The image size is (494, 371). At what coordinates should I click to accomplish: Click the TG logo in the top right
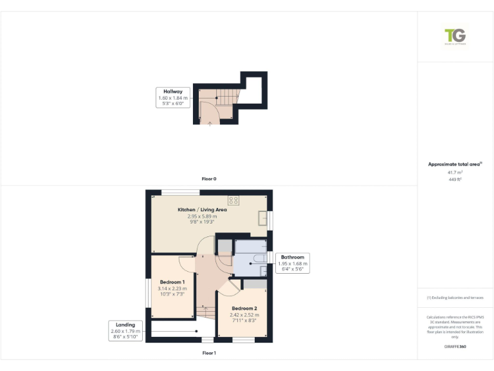point(455,35)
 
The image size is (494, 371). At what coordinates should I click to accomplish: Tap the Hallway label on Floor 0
point(172,91)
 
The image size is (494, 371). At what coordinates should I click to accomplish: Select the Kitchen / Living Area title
point(202,210)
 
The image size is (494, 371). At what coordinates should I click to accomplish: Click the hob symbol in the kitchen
point(233,200)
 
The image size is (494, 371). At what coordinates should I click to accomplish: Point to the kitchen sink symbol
point(262,218)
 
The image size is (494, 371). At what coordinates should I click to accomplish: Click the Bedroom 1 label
point(172,282)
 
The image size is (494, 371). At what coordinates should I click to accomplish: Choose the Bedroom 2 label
point(244,309)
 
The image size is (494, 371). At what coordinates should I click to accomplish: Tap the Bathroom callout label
point(292,257)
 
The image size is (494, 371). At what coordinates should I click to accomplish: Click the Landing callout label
point(125,325)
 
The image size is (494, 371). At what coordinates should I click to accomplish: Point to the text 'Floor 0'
point(209,178)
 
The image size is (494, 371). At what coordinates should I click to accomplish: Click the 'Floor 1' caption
point(209,353)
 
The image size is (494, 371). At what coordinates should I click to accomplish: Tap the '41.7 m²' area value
point(455,173)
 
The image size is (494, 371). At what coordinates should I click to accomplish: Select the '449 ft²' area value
point(455,180)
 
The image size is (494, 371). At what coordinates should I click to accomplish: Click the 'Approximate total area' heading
point(454,164)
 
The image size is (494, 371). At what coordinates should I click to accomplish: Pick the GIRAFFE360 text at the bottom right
point(455,347)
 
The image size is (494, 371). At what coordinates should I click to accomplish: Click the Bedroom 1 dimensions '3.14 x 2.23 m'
point(172,289)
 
